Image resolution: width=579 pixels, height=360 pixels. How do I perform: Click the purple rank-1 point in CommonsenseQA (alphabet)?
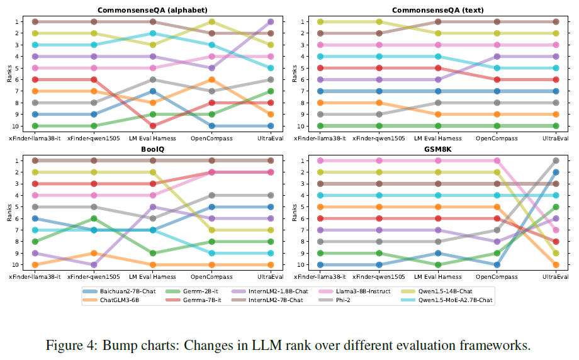pos(271,21)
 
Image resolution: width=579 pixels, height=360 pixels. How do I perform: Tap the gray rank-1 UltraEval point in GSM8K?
pos(556,160)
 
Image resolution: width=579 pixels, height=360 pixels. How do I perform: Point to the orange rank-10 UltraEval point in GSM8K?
pos(556,265)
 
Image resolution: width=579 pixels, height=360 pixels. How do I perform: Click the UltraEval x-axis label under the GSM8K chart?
pos(556,276)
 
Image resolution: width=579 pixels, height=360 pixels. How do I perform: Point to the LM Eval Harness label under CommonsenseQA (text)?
pos(439,137)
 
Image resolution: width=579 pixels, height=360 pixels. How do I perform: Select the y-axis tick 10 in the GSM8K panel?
pos(301,265)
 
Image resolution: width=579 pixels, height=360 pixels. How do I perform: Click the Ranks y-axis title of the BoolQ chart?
pos(9,213)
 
